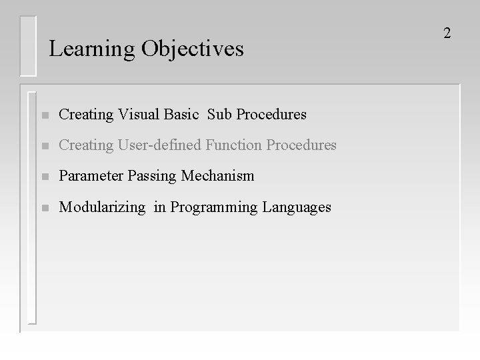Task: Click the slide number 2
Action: (447, 33)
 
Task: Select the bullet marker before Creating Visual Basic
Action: (44, 115)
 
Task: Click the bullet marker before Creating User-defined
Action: (44, 146)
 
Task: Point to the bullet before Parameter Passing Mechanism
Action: (44, 177)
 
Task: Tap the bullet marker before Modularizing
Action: (44, 208)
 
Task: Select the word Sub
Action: (219, 115)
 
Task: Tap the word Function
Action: (233, 145)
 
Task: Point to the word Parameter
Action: (88, 176)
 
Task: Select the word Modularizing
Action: (101, 207)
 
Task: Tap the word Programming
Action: (215, 208)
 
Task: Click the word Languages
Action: (297, 208)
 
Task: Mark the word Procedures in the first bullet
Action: (270, 115)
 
